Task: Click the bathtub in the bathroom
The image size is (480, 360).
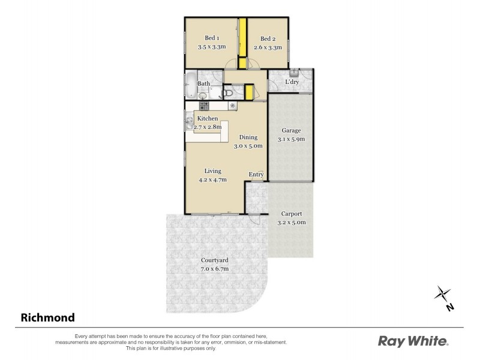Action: [x=190, y=86]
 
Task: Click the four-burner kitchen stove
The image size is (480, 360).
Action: [x=204, y=106]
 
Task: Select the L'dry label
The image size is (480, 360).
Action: [x=292, y=82]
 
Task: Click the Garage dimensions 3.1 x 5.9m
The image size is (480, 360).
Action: [x=292, y=139]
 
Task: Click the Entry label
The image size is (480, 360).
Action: [x=256, y=175]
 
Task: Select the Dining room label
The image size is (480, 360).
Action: [x=247, y=137]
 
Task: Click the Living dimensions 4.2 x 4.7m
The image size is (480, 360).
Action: [x=213, y=179]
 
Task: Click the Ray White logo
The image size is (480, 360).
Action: [x=413, y=341]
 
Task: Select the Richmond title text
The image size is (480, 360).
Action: [x=48, y=317]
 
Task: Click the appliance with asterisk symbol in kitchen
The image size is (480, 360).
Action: [x=232, y=106]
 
